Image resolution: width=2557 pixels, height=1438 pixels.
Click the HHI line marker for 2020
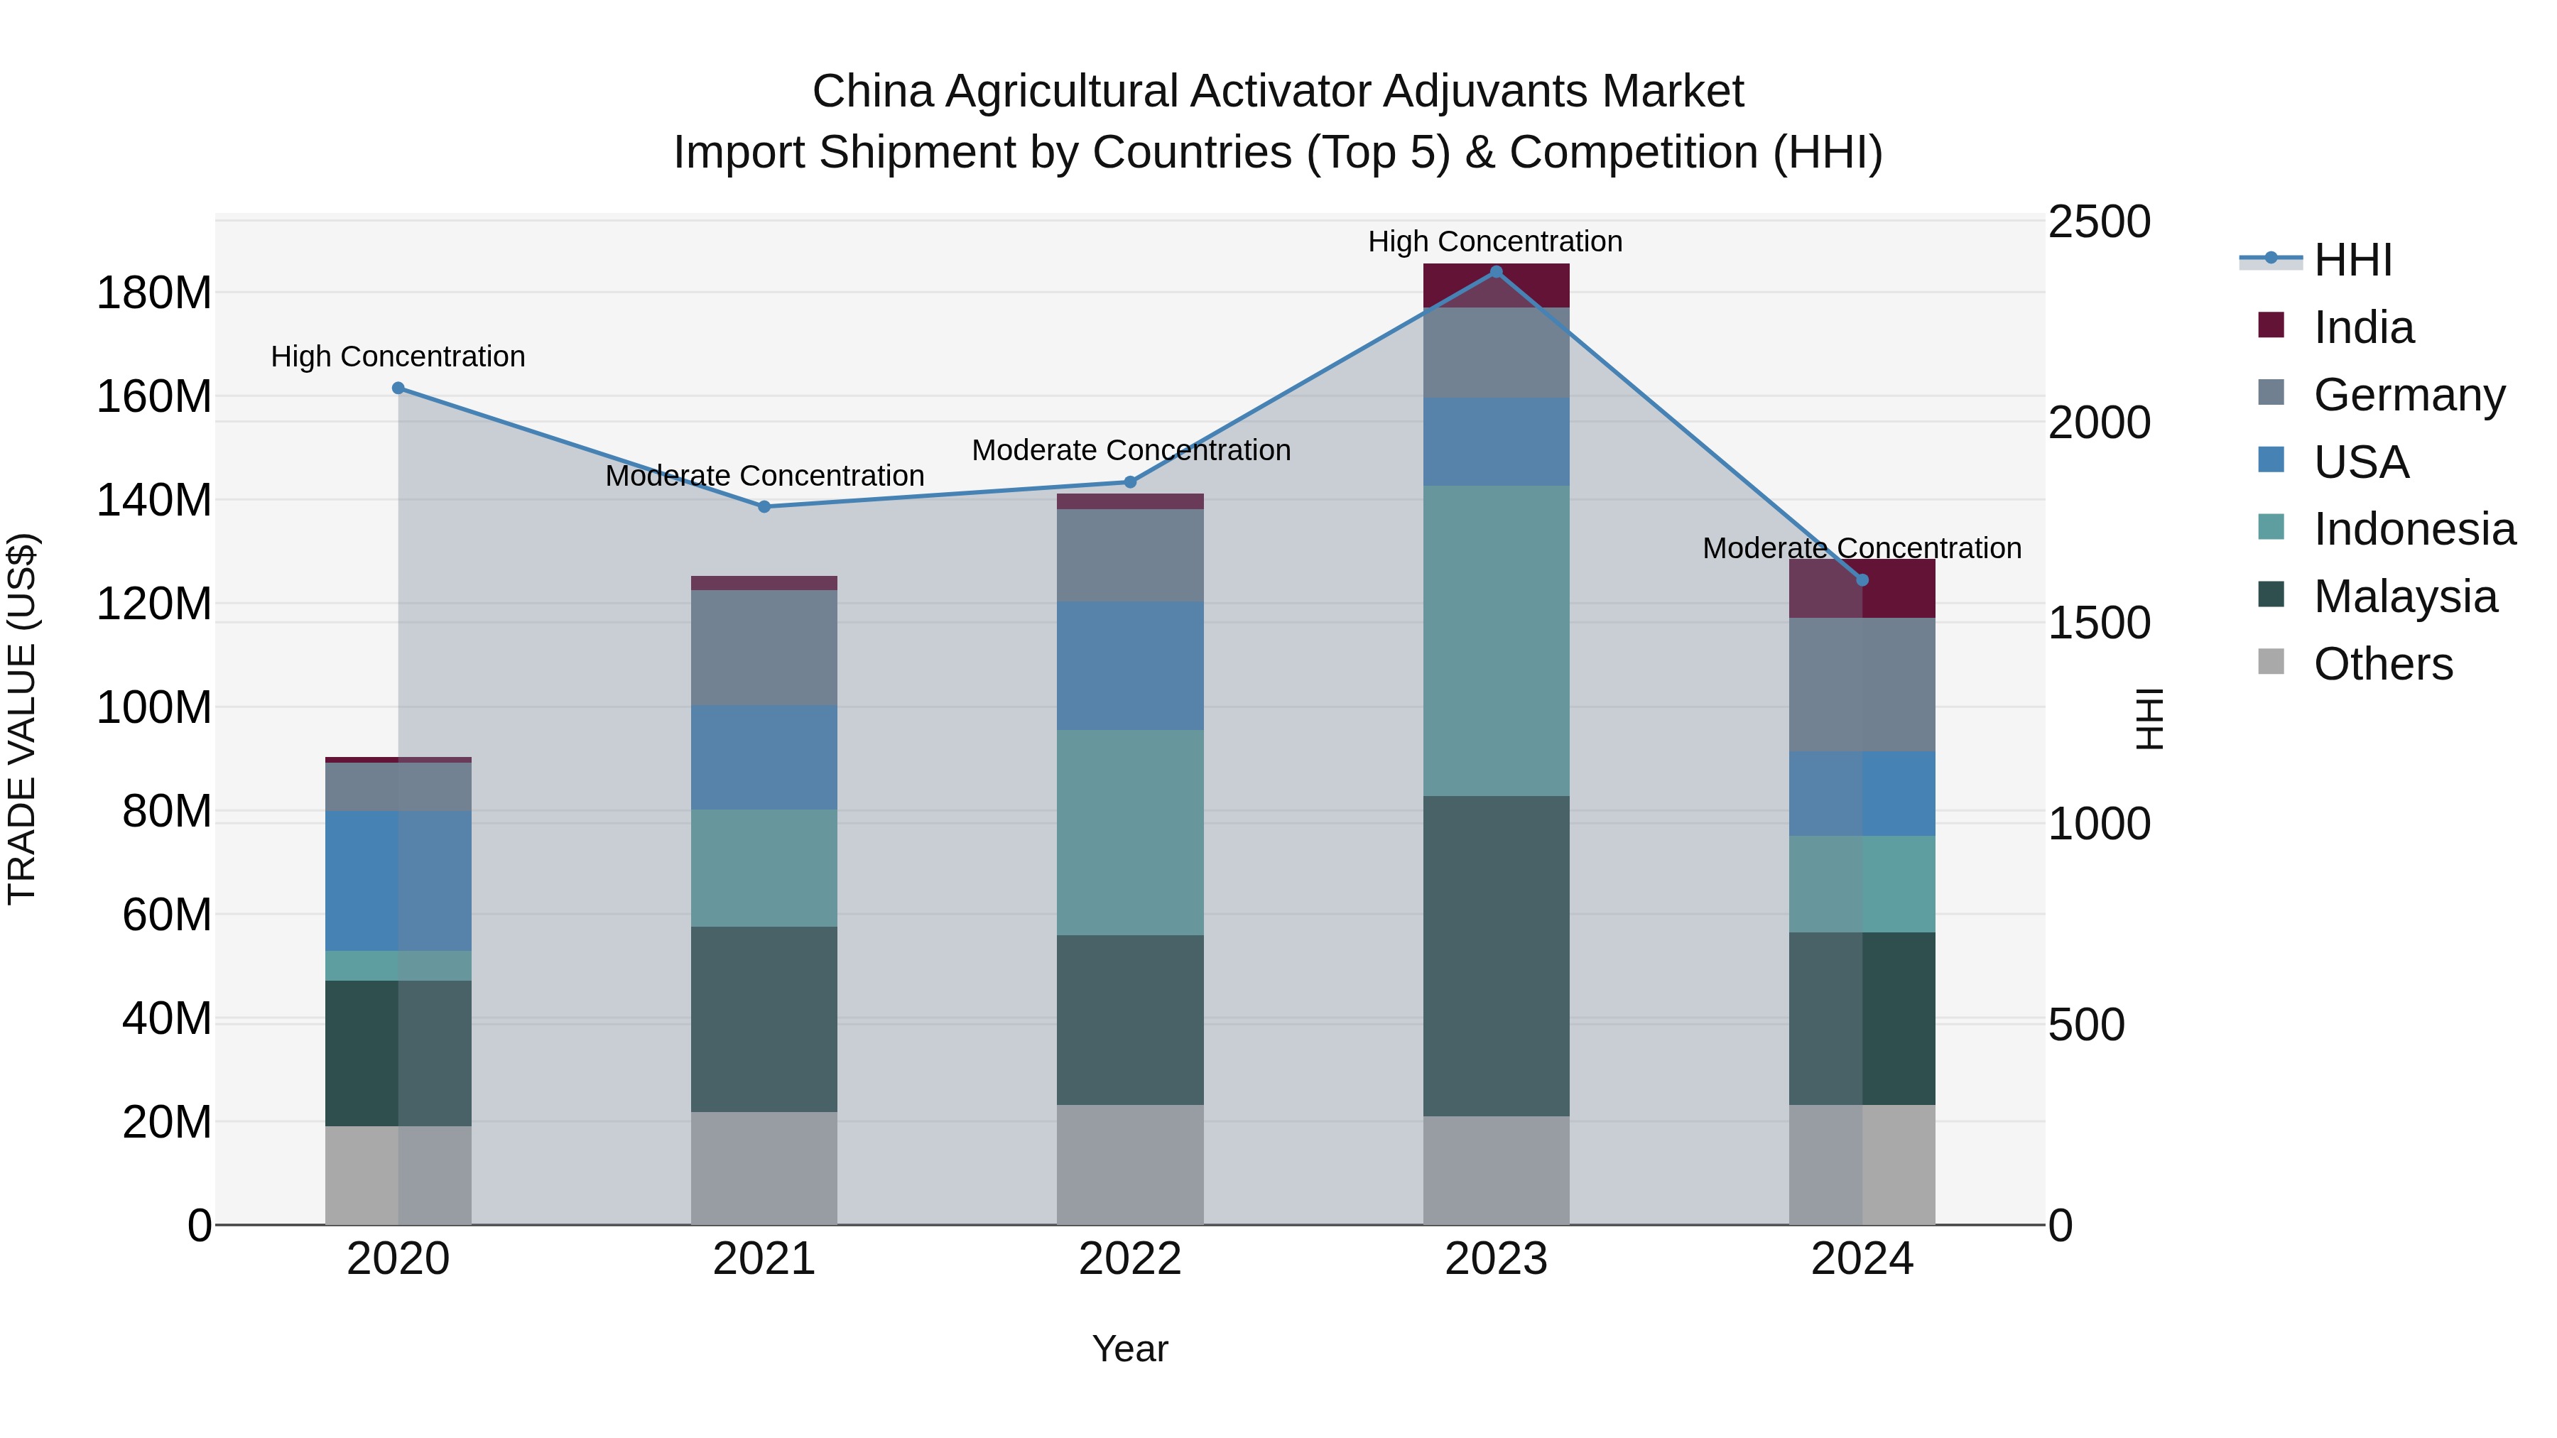398,388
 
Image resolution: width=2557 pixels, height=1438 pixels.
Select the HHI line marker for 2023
1496,272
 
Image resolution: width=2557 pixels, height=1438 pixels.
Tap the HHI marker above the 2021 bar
764,507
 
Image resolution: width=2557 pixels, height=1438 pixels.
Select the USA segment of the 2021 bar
764,756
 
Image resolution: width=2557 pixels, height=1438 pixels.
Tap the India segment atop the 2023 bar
1496,285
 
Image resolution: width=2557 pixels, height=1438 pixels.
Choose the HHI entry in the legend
2352,260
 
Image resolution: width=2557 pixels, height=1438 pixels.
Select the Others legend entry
2382,664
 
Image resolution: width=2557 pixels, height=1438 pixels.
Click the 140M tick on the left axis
154,500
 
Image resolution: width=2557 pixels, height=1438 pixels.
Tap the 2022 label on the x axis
1129,1259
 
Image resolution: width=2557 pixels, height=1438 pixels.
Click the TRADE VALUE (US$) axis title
22,719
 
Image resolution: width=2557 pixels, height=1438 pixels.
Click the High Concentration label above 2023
1495,241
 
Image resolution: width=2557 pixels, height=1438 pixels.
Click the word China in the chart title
872,92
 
